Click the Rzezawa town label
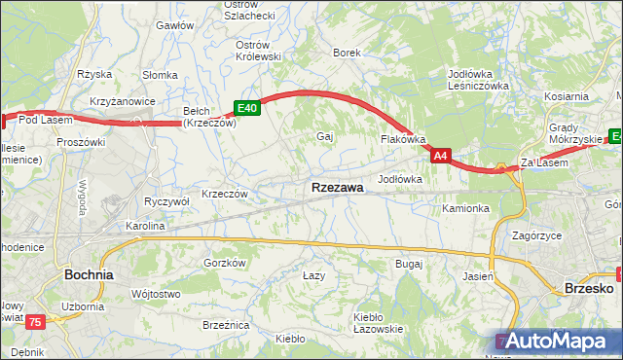point(337,188)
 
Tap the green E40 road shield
point(246,108)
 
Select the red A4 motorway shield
point(441,156)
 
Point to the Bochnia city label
point(89,274)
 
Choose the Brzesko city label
point(589,288)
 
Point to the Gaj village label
point(325,136)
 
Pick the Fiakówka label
point(403,139)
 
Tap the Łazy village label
point(313,275)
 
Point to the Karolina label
point(144,226)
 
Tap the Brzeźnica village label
point(226,324)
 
